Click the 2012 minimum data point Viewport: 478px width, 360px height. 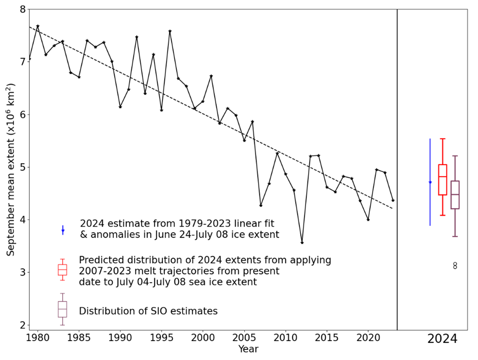(302, 243)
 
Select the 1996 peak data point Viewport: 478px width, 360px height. (170, 31)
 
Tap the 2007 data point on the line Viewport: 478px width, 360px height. (261, 205)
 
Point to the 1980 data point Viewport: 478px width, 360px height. (38, 26)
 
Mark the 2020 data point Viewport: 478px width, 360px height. (368, 219)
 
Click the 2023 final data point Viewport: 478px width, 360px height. (393, 200)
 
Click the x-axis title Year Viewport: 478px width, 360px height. (248, 349)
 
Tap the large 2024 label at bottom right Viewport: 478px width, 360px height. (442, 339)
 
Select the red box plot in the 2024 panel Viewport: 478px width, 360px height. (443, 179)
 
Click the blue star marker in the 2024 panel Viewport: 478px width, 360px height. (430, 182)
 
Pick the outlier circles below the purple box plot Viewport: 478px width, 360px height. (455, 266)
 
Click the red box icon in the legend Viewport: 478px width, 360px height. (62, 270)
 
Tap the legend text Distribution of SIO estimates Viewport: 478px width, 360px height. (148, 311)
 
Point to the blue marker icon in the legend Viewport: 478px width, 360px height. (63, 230)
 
